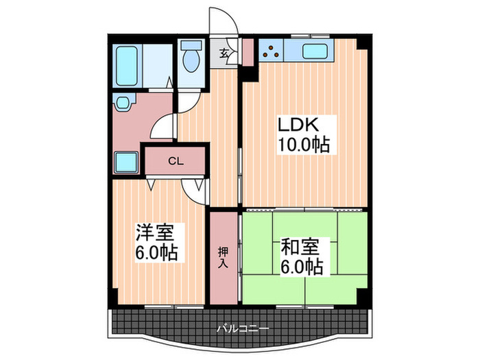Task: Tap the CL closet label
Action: pyautogui.click(x=176, y=162)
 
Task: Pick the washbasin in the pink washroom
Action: pyautogui.click(x=123, y=104)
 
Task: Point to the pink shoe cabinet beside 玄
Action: pyautogui.click(x=247, y=52)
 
